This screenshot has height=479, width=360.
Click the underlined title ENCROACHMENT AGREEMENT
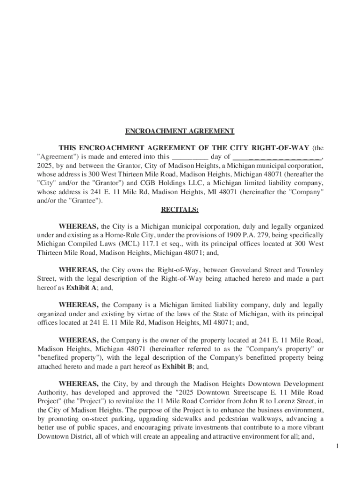(180, 131)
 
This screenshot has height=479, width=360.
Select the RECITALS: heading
(180, 210)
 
